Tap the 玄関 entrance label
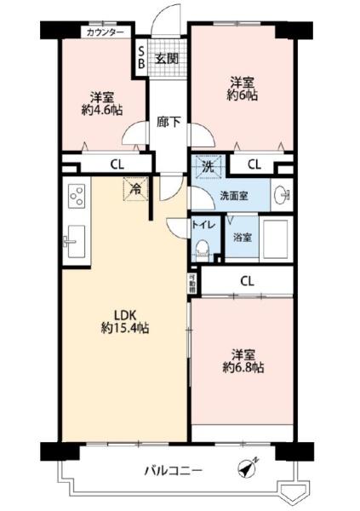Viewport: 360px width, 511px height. pos(166,59)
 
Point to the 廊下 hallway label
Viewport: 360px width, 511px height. pos(168,122)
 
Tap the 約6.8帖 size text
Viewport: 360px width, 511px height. pos(243,368)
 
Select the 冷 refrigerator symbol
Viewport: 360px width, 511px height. pos(134,187)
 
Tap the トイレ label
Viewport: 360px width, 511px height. pos(203,227)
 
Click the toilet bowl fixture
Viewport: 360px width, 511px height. pos(203,249)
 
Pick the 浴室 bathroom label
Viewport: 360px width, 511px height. pos(243,238)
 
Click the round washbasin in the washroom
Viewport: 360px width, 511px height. pos(283,195)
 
